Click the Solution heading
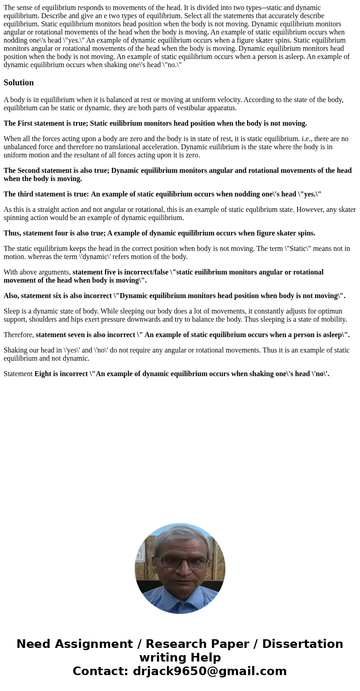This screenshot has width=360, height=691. [x=19, y=83]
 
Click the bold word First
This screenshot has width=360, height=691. [x=25, y=123]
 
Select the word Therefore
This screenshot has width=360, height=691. [x=18, y=335]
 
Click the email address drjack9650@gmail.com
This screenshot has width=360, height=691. [x=209, y=671]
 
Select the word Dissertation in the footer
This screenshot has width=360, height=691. [x=302, y=644]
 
